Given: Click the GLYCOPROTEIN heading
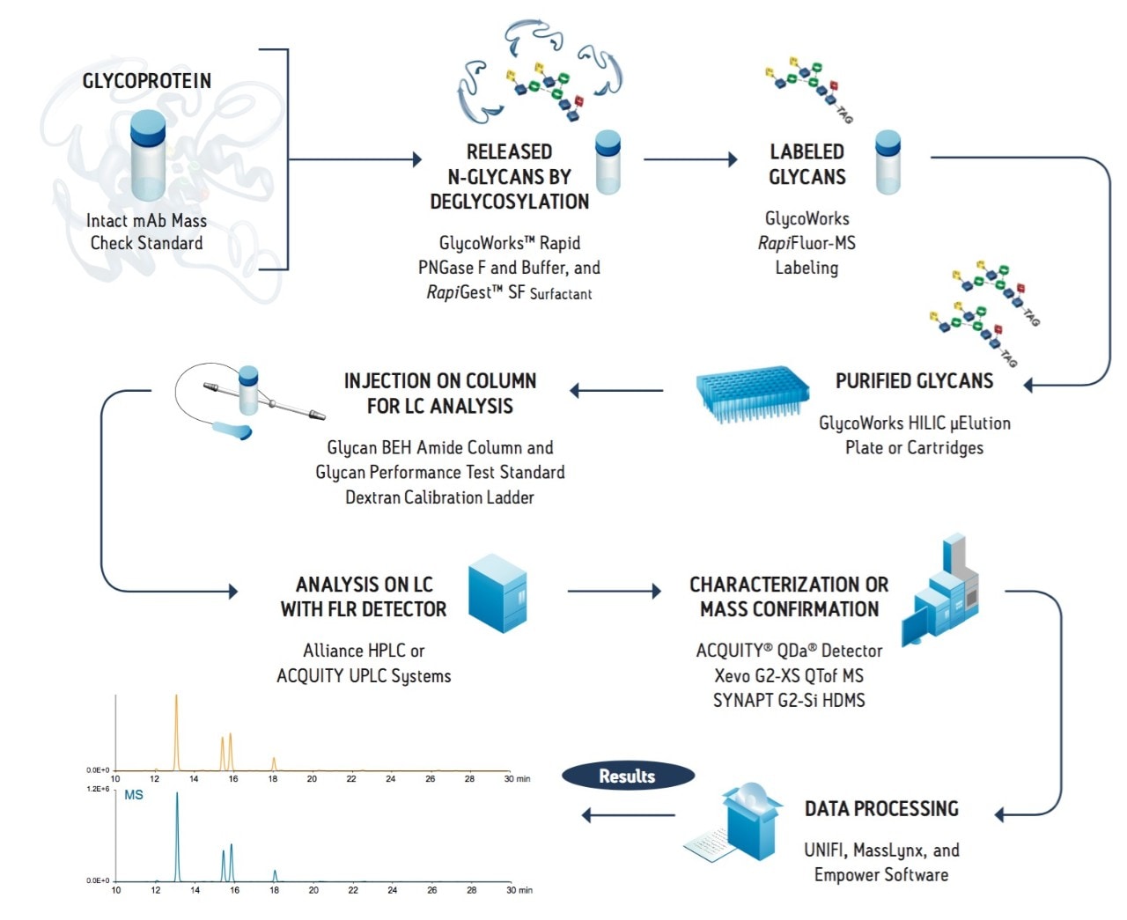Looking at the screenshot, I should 147,81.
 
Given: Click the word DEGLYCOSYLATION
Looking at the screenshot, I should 509,202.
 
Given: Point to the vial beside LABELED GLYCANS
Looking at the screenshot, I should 888,162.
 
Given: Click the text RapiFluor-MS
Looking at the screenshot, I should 807,243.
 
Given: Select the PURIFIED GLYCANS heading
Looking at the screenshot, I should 914,381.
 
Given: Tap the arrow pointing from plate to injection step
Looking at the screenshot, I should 616,390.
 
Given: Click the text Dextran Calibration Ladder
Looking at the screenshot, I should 439,497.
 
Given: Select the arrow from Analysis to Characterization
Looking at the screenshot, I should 614,591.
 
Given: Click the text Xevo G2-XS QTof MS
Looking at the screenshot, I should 789,676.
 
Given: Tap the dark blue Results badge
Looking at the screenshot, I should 628,776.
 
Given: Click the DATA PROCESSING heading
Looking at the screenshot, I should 881,809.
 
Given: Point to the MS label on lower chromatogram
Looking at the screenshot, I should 134,795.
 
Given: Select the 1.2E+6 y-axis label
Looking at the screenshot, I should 98,789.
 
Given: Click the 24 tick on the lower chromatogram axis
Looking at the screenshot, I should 392,890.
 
